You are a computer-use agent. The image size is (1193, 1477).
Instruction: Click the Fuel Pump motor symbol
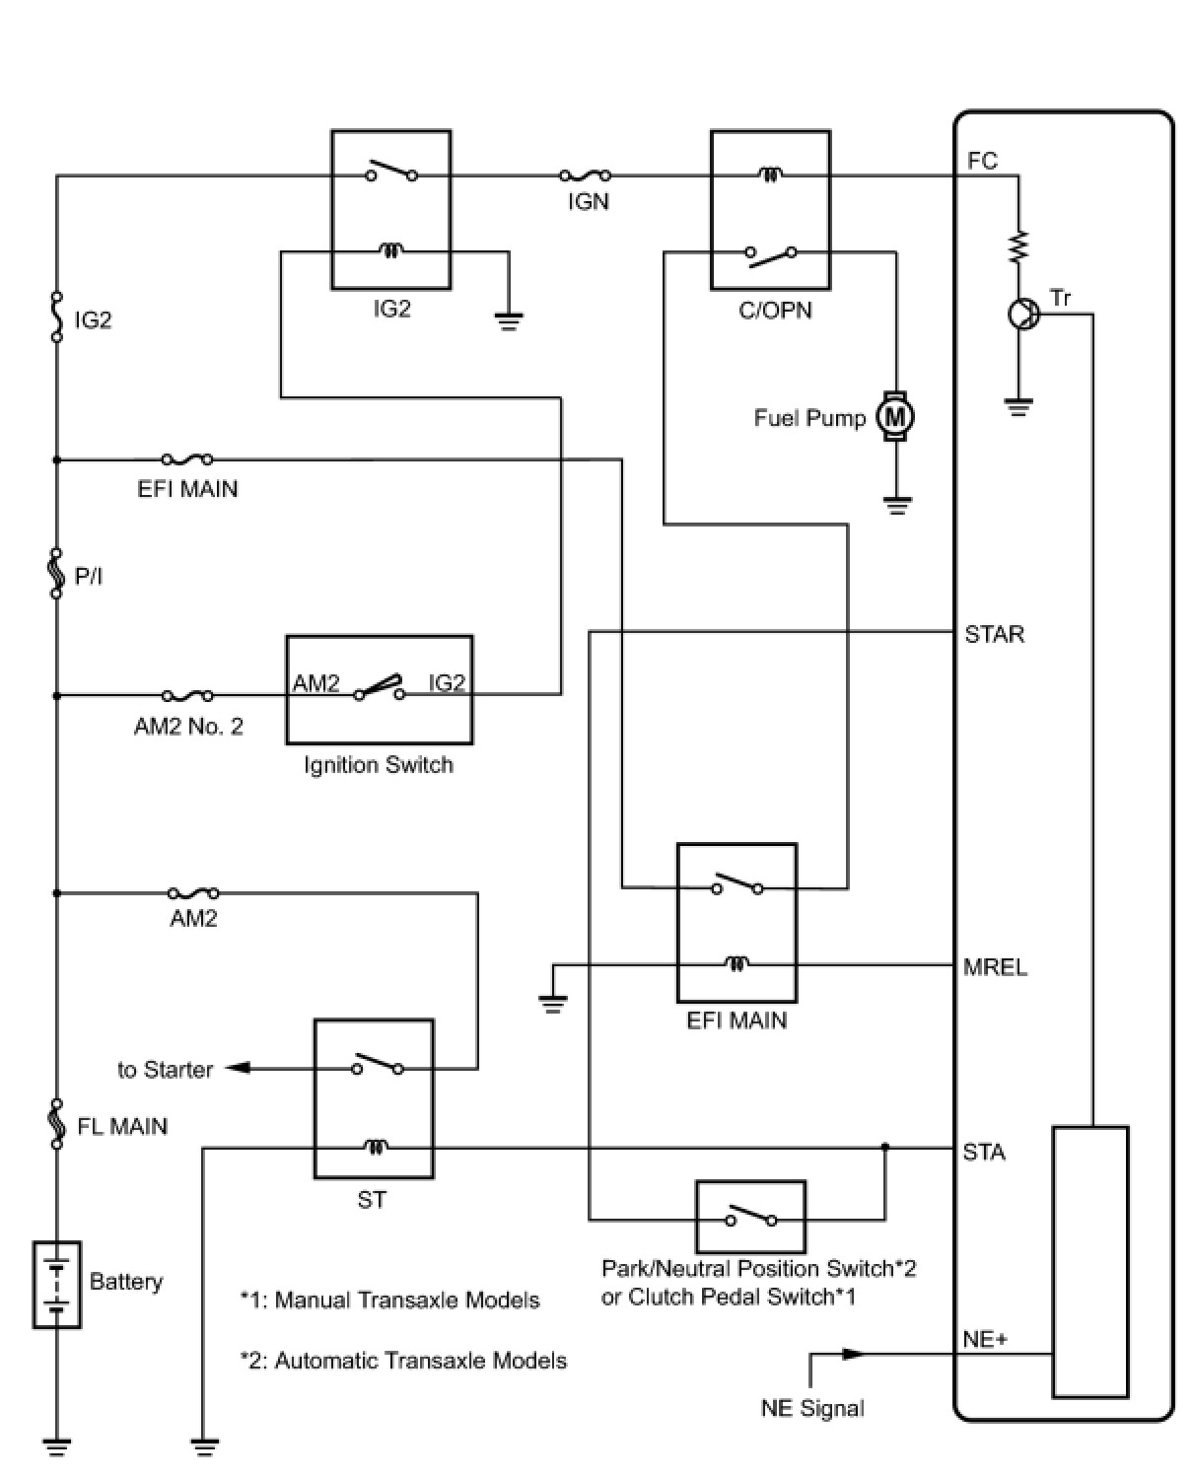point(895,417)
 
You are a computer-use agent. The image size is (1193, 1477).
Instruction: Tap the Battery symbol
point(57,1284)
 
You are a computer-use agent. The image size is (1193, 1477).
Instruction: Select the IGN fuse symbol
point(585,176)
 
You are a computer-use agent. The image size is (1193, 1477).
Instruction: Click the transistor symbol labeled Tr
point(1023,315)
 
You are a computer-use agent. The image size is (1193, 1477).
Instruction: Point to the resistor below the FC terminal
point(1018,246)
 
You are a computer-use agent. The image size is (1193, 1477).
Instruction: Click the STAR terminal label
point(994,634)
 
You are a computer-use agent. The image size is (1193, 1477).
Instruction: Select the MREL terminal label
point(995,967)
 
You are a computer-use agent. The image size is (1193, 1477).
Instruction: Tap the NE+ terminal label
point(984,1339)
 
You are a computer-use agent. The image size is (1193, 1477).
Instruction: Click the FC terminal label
point(982,161)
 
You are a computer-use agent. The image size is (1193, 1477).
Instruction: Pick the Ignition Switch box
point(379,689)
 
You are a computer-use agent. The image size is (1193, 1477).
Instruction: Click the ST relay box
point(373,1098)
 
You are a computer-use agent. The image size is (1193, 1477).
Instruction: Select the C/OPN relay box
point(770,210)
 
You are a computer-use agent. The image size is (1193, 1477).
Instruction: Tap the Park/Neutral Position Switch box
point(750,1217)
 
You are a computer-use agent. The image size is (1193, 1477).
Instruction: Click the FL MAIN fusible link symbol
point(57,1125)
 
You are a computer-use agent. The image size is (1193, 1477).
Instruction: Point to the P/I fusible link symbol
point(57,575)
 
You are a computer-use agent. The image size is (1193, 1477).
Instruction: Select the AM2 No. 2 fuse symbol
point(187,695)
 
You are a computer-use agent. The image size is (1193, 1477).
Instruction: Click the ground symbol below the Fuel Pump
point(896,507)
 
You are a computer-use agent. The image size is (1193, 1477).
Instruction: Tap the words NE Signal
point(811,1408)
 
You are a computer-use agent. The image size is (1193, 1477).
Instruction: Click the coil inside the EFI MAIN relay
point(737,963)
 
